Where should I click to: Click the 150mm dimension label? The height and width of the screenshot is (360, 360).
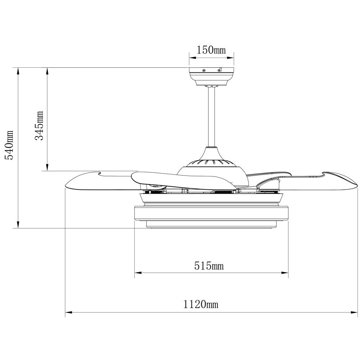point(211,50)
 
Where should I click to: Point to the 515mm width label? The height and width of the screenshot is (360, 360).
point(209,266)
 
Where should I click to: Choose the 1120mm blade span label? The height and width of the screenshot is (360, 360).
point(201,305)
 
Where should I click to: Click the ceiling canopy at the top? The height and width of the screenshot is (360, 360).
point(212,76)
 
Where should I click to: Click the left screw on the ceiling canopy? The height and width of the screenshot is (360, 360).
point(204,71)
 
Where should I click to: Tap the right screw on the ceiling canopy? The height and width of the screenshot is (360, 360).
point(219,71)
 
